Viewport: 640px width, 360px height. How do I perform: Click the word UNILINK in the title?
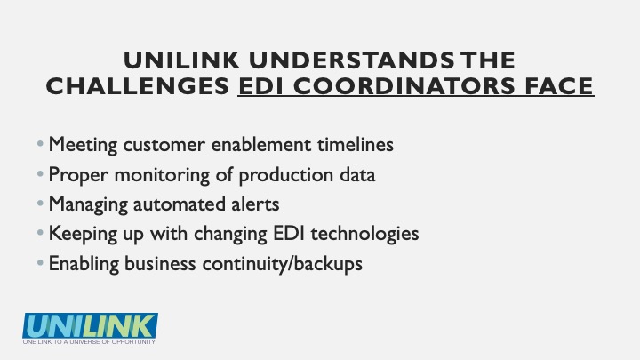pyautogui.click(x=181, y=60)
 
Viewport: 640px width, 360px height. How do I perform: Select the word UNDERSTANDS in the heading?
pyautogui.click(x=351, y=60)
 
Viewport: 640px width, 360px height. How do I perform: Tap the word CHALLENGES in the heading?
pyautogui.click(x=138, y=86)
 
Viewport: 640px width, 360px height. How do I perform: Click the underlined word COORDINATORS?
pyautogui.click(x=404, y=86)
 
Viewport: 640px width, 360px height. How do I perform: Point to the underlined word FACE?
pyautogui.click(x=559, y=86)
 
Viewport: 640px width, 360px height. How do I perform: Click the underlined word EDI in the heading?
pyautogui.click(x=261, y=86)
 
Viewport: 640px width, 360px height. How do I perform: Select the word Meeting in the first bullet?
pyautogui.click(x=83, y=145)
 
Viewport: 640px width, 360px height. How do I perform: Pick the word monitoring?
pyautogui.click(x=162, y=175)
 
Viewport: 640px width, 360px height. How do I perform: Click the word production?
pyautogui.click(x=285, y=175)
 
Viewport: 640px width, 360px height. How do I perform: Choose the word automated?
pyautogui.click(x=180, y=204)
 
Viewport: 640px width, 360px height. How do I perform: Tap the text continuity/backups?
pyautogui.click(x=282, y=264)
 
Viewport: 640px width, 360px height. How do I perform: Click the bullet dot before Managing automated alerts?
pyautogui.click(x=40, y=203)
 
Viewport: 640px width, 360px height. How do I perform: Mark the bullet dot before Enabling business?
pyautogui.click(x=40, y=262)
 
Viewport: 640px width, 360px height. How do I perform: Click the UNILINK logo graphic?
pyautogui.click(x=90, y=325)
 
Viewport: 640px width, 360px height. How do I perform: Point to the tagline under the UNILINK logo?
pyautogui.click(x=89, y=341)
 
